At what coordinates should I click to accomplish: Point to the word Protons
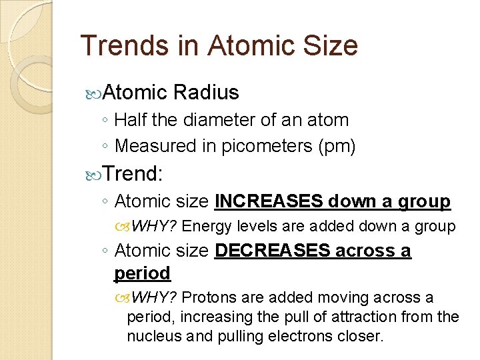click(207, 297)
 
